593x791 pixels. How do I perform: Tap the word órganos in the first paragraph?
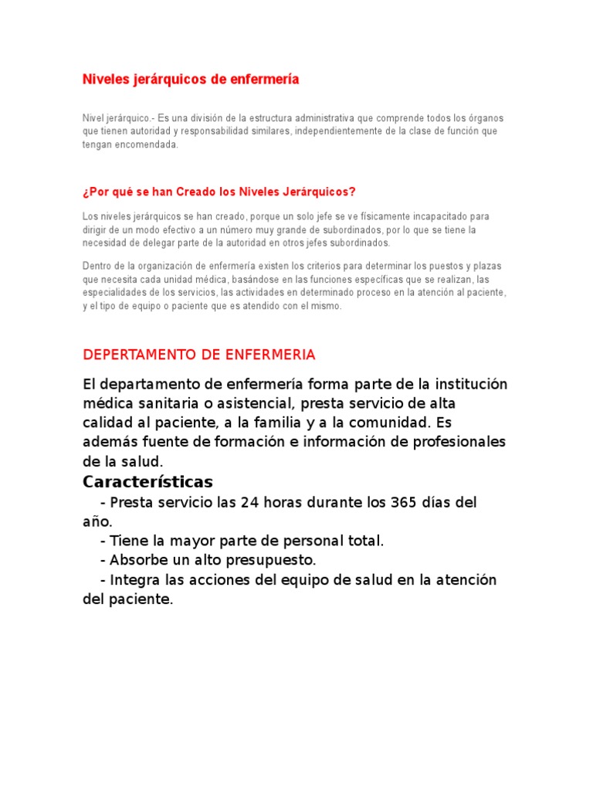tap(485, 118)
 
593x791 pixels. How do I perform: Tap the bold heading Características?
tap(147, 482)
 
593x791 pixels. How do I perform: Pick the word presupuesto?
tap(268, 560)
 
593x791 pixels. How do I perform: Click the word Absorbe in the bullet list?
tap(137, 560)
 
